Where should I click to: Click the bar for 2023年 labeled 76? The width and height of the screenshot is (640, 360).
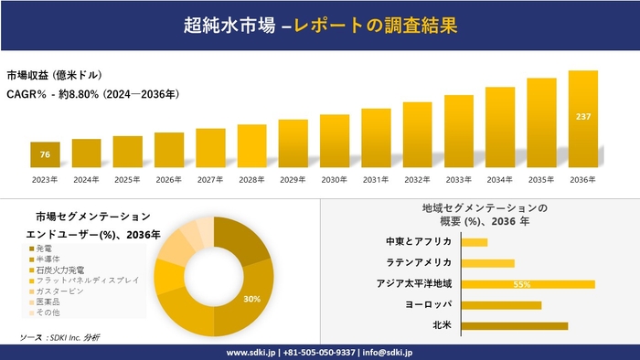point(45,154)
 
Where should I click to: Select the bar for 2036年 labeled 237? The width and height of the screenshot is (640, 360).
point(582,119)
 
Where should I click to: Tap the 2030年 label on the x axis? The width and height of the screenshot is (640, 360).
point(335,179)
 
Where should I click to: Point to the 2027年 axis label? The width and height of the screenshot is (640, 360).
point(210,179)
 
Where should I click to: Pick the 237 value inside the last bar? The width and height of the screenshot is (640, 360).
point(582,116)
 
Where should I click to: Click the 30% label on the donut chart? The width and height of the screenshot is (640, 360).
point(251,299)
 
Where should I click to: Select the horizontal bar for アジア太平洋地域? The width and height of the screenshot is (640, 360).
point(528,284)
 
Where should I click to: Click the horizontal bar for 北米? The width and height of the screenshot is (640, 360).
point(514,325)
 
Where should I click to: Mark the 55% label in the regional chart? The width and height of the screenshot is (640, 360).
point(522,284)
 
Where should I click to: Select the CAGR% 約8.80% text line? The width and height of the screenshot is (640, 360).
point(92,93)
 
